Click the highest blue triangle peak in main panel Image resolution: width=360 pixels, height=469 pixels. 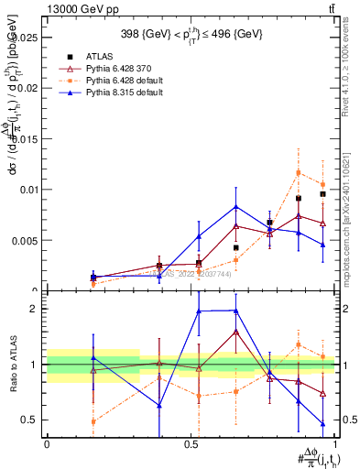[x=236, y=207]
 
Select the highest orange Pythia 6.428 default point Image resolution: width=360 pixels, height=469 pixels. [x=299, y=172]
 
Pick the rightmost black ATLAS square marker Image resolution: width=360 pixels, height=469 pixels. [x=322, y=194]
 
